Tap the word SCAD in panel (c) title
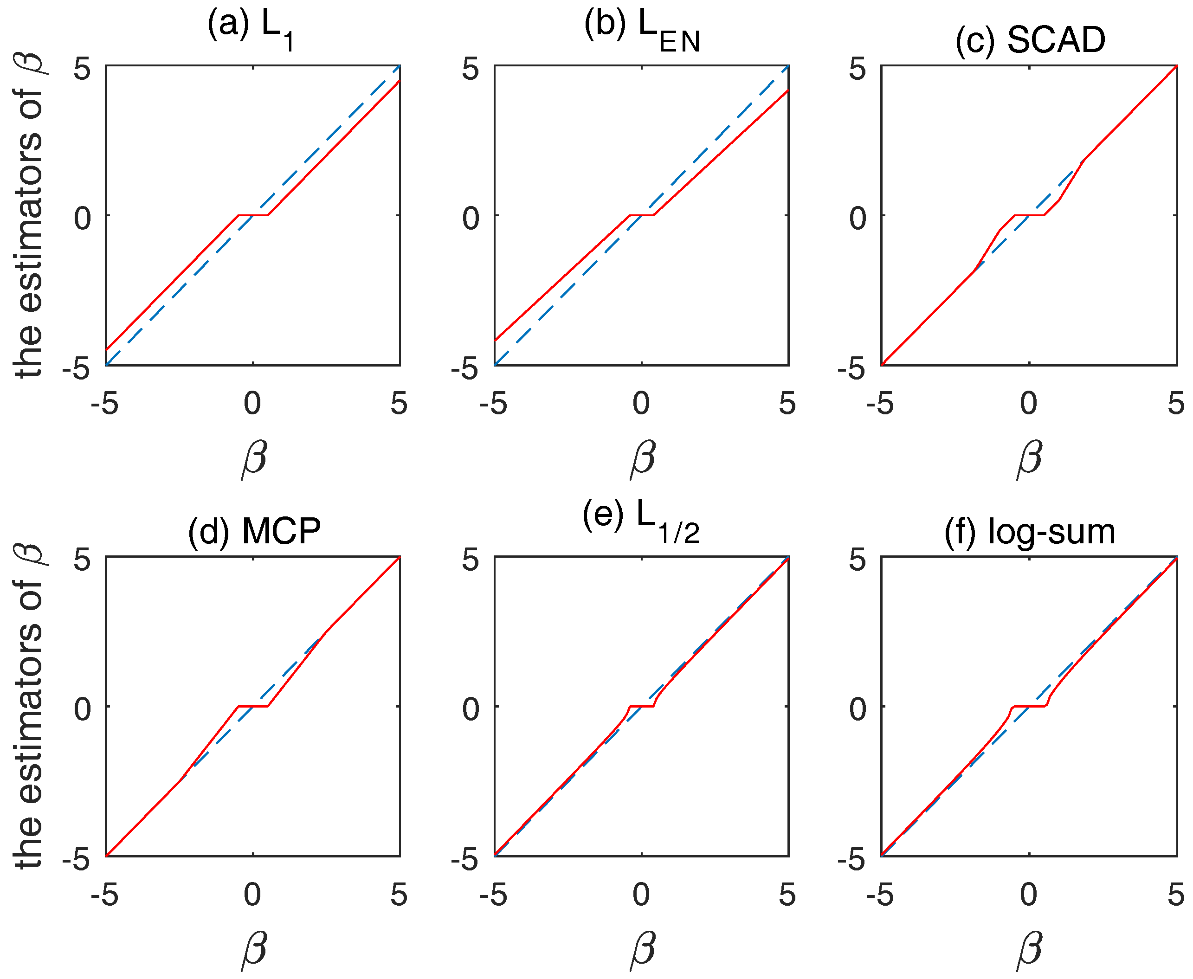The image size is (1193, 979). [x=1056, y=41]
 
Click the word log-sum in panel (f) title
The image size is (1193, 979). [x=1051, y=531]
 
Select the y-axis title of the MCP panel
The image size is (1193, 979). [x=29, y=706]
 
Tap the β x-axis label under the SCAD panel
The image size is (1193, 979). [x=1029, y=458]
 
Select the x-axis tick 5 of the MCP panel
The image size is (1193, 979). [x=399, y=895]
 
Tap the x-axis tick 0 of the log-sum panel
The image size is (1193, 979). [x=1029, y=895]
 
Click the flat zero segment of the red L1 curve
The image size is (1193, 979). [x=253, y=215]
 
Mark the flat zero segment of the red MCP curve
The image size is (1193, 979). [x=253, y=706]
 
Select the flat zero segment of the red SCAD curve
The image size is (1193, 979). [x=1029, y=215]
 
